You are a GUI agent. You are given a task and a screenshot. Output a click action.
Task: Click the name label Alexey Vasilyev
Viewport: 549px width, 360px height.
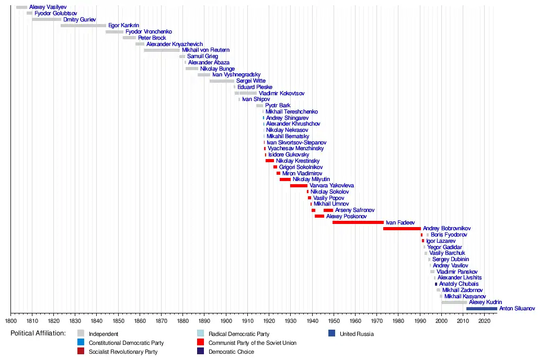(x=48, y=7)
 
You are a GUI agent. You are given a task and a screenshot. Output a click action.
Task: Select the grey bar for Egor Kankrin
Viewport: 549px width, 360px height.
(x=83, y=26)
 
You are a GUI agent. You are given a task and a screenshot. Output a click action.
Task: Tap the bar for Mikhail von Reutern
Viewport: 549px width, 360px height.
(x=162, y=50)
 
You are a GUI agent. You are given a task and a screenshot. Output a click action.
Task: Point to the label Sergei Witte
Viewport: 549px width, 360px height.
(x=251, y=81)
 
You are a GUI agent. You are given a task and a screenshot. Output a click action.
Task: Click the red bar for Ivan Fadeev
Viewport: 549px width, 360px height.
(x=358, y=222)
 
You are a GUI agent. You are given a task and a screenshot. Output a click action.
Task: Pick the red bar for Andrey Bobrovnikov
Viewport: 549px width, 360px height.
(x=402, y=229)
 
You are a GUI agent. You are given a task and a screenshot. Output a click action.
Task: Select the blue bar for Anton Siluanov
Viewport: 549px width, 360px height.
(x=482, y=309)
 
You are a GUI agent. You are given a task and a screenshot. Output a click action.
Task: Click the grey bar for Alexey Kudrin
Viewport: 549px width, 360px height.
(x=454, y=302)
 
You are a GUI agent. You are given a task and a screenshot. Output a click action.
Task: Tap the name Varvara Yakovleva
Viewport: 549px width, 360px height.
(x=331, y=186)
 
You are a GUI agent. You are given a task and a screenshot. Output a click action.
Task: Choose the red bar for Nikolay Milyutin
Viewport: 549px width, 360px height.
(x=285, y=179)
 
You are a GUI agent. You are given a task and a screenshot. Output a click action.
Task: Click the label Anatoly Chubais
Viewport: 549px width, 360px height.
(x=459, y=284)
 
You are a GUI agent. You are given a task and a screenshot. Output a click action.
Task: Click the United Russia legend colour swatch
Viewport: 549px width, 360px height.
(x=331, y=333)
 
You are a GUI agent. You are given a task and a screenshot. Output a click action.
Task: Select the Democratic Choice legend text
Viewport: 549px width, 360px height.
(x=231, y=352)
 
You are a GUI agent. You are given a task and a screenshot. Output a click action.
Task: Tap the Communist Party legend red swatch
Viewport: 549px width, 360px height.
(x=200, y=343)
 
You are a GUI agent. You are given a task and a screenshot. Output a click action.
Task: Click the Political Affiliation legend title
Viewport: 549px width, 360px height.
(x=38, y=333)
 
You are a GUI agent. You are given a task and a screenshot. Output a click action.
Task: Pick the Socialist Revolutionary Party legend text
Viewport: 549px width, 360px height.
(x=123, y=352)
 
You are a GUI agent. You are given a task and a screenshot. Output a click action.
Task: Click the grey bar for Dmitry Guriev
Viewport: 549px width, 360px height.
(x=47, y=19)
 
